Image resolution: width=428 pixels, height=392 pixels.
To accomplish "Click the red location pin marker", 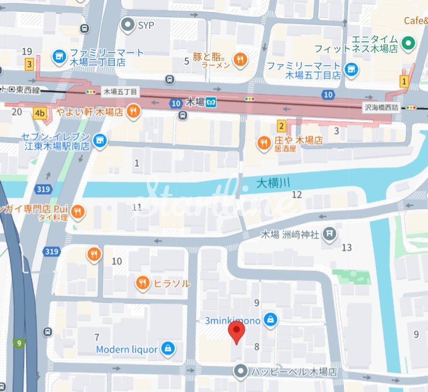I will point(236,332).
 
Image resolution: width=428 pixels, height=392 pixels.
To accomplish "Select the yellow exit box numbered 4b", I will point(39,113).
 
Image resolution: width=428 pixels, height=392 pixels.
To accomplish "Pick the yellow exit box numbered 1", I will point(404,81).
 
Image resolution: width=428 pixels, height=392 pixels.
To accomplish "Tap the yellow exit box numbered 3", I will point(29,64).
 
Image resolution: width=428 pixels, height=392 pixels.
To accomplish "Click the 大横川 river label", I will point(273,183).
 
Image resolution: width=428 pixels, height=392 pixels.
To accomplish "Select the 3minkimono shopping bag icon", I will point(271,320).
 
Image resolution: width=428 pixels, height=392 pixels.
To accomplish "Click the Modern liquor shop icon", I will point(168,349).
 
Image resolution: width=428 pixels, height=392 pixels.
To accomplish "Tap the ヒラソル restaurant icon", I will point(142,283).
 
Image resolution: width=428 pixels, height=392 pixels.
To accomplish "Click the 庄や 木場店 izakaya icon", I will point(263,142).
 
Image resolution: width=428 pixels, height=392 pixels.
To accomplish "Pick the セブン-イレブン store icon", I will point(99,141).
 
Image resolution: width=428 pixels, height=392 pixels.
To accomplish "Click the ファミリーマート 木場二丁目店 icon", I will point(59,56).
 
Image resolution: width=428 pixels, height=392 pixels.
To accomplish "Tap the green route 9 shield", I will point(19,343).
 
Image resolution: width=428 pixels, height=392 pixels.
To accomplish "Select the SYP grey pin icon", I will point(128,24).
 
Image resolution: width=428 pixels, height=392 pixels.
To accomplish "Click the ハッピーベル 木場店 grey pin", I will point(241,371).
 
